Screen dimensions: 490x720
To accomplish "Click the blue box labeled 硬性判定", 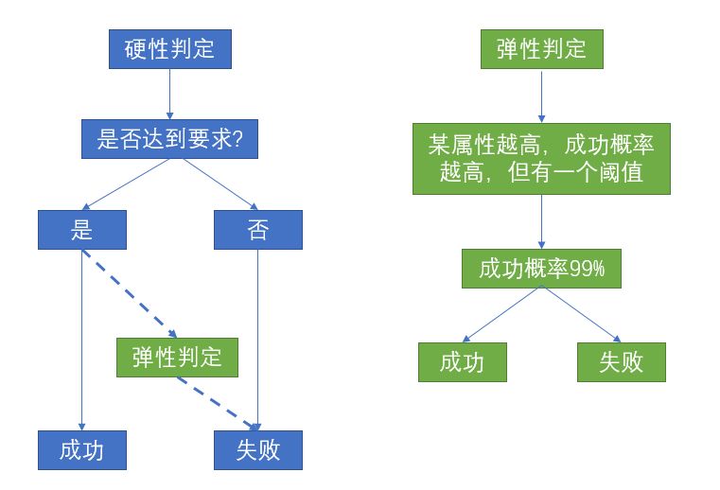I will (170, 49).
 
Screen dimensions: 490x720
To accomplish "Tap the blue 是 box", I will (81, 230).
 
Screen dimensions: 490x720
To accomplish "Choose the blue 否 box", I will (258, 230).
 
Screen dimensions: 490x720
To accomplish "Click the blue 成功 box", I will (81, 449).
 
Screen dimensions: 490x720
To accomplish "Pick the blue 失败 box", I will (258, 449).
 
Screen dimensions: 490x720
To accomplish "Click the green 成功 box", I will (463, 362).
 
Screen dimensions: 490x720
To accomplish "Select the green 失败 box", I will (621, 362).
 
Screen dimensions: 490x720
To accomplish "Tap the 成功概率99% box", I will (541, 269).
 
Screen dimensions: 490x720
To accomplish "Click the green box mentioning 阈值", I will (541, 159).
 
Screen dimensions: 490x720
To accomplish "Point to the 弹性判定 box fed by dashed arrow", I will (178, 357).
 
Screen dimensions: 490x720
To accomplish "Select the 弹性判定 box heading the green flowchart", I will (541, 49).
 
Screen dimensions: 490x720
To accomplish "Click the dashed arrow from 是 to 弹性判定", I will (129, 292).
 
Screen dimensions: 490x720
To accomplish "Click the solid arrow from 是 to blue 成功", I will (81, 341).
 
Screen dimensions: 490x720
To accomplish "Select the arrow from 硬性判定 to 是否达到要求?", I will (170, 94).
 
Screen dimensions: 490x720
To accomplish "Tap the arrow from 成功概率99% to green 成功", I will (502, 314).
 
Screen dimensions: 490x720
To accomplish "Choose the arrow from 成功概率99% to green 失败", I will (581, 314).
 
